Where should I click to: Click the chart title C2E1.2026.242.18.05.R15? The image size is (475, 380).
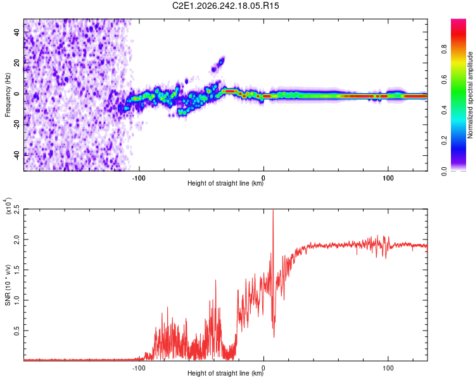point(225,6)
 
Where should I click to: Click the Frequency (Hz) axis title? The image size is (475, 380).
point(8,95)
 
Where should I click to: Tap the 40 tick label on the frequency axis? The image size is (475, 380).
point(17,32)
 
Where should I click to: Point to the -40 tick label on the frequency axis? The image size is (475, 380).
point(17,155)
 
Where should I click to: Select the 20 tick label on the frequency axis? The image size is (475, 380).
point(17,63)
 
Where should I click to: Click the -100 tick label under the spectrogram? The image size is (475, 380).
point(139,178)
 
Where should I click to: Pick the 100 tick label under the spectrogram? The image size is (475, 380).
point(388,178)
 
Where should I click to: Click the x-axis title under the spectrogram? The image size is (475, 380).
point(225,183)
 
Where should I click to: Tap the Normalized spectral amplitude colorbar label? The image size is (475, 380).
point(470,95)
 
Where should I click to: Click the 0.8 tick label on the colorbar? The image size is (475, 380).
point(444,49)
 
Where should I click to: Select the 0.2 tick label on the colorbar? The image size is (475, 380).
point(444,141)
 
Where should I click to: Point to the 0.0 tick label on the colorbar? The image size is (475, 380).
point(444,171)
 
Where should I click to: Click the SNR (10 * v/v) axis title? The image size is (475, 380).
point(8,285)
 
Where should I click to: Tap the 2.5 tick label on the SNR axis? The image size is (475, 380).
point(17,209)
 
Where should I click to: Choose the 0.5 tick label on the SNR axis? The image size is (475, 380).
point(17,331)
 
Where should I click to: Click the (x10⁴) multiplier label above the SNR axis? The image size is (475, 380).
point(8,206)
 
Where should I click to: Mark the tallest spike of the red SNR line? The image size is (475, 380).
point(273,210)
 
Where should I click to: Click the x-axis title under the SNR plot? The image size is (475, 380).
point(225,373)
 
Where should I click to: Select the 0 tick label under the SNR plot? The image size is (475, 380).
point(263,368)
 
